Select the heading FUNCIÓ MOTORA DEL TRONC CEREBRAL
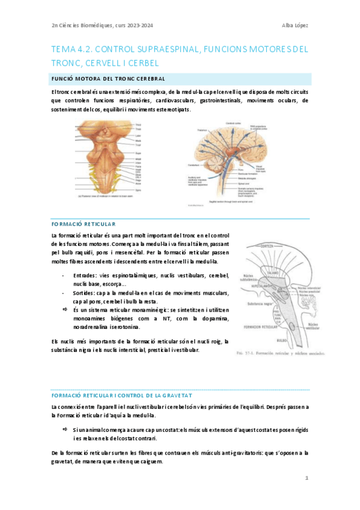pyautogui.click(x=108, y=79)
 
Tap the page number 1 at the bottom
pyautogui.click(x=306, y=478)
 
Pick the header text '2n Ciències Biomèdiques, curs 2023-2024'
pyautogui.click(x=94, y=25)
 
